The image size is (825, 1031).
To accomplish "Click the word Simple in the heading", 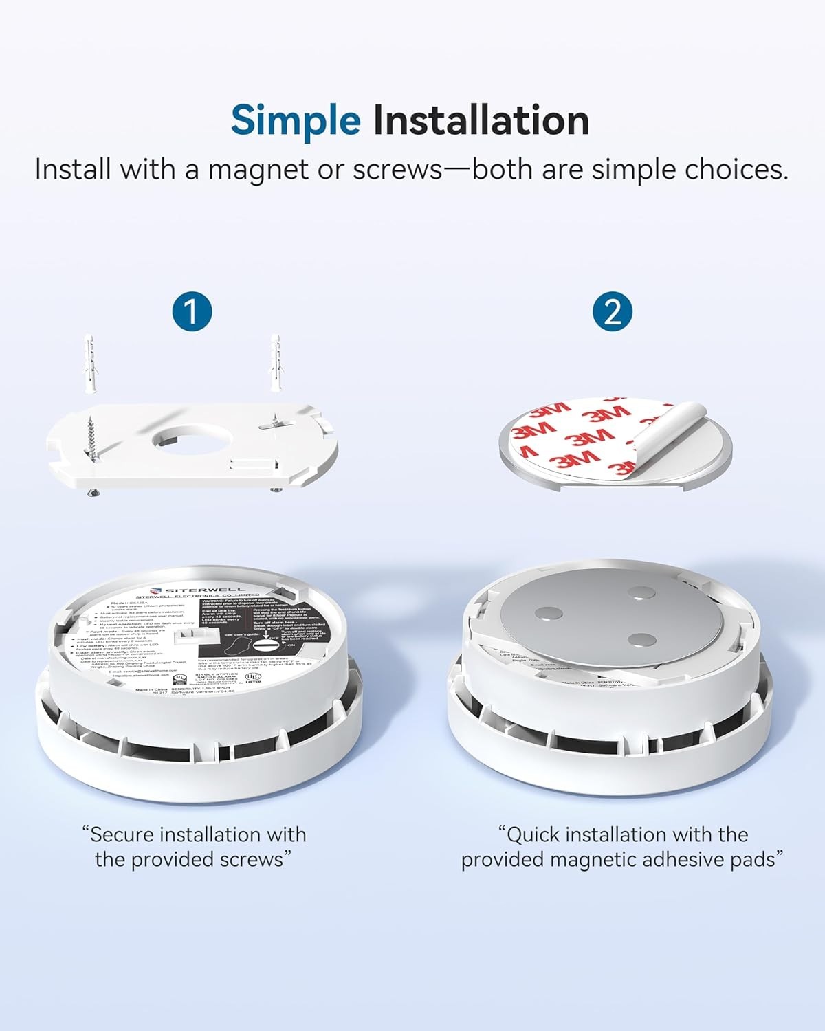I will point(296,120).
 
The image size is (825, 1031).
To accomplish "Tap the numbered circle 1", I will point(192,311).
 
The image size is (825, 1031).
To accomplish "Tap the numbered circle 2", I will point(612,311).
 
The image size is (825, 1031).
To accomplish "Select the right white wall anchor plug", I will point(276,364).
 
